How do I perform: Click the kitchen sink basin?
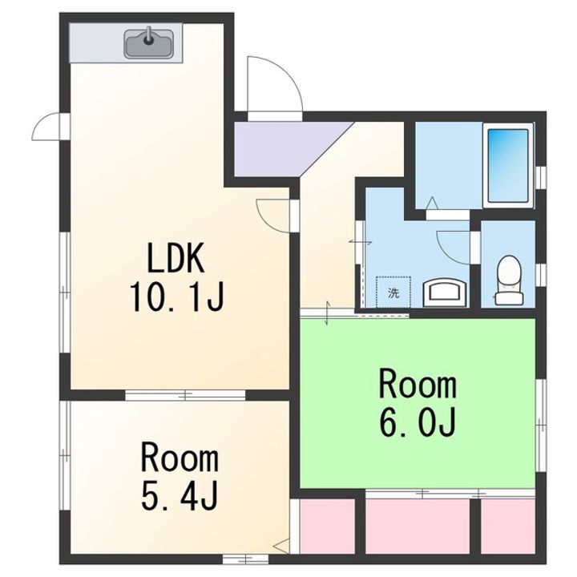pyautogui.click(x=149, y=42)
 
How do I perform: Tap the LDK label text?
pyautogui.click(x=176, y=258)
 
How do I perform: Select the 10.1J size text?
pyautogui.click(x=176, y=297)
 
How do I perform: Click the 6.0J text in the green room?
pyautogui.click(x=418, y=422)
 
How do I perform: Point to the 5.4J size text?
pyautogui.click(x=180, y=496)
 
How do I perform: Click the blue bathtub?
pyautogui.click(x=508, y=166)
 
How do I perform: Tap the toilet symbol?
pyautogui.click(x=509, y=280)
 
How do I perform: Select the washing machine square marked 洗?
pyautogui.click(x=393, y=293)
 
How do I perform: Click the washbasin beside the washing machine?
pyautogui.click(x=446, y=293)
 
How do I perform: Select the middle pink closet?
pyautogui.click(x=418, y=526)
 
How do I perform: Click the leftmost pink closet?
pyautogui.click(x=328, y=526)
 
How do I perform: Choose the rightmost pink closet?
pyautogui.click(x=508, y=526)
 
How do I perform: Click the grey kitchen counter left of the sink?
pyautogui.click(x=96, y=42)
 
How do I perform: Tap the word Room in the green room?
pyautogui.click(x=418, y=385)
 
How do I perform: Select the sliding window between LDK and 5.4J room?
pyautogui.click(x=185, y=395)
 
